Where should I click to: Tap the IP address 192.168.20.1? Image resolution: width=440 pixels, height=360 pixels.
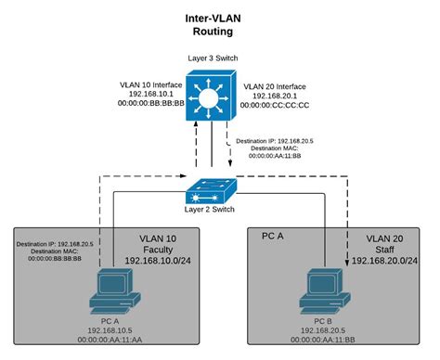(x=272, y=96)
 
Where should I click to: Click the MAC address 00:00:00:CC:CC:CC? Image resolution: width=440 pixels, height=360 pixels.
(x=278, y=107)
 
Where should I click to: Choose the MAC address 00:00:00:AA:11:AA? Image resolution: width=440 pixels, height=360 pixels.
(x=114, y=339)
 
